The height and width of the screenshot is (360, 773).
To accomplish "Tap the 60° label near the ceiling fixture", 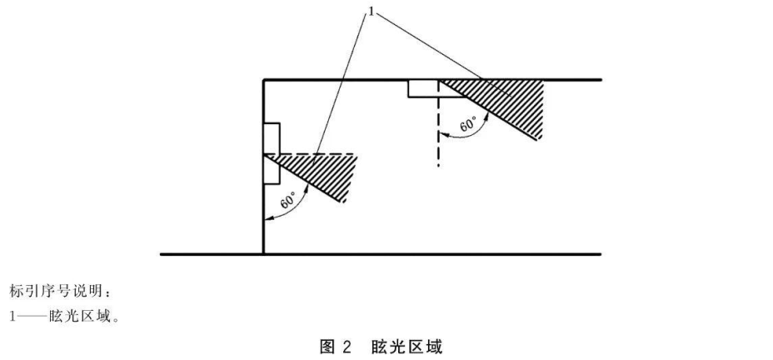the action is [468, 124].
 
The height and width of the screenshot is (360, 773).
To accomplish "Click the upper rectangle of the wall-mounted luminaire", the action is [272, 138].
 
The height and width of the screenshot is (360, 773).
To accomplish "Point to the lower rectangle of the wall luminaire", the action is [272, 169].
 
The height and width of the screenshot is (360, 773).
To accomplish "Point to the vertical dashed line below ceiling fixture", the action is [438, 123].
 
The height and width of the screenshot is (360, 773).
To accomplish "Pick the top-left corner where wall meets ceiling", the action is [264, 79].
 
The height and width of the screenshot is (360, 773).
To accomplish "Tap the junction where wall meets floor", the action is [264, 254].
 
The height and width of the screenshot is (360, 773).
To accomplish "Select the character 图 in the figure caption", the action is [327, 347].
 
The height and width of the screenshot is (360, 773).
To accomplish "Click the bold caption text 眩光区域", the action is [406, 347].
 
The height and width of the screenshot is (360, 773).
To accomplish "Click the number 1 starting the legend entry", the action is [12, 317].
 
